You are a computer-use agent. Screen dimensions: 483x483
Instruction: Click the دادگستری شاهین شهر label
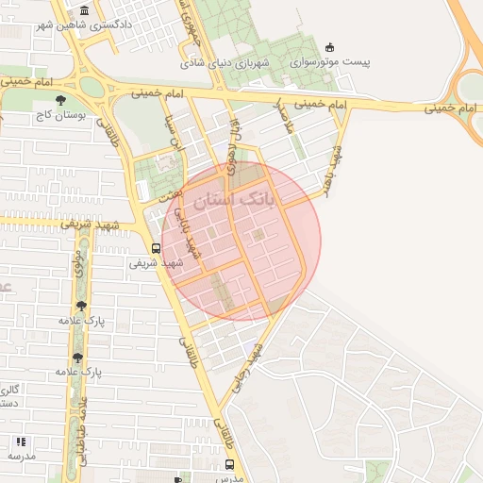[85, 25]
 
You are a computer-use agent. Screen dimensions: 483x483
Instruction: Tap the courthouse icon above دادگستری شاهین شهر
[85, 10]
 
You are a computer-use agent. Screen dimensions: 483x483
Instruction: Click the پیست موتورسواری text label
[329, 62]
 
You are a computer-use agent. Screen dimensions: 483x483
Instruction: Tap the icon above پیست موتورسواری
[329, 47]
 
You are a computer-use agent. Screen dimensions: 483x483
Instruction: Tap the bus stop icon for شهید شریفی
[156, 249]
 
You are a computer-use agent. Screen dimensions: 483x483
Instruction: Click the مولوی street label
[79, 263]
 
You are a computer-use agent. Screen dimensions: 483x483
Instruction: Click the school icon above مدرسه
[21, 441]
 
